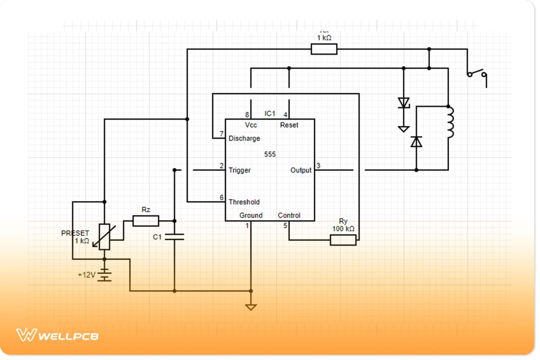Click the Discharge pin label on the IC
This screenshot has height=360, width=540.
[x=244, y=138]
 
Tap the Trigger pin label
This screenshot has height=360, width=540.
[x=239, y=170]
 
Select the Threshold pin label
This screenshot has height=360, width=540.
[x=244, y=202]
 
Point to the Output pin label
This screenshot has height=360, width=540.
[x=301, y=170]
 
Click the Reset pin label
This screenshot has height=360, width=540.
[x=289, y=125]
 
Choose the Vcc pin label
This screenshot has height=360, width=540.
[x=251, y=125]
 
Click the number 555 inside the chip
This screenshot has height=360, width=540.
[x=270, y=154]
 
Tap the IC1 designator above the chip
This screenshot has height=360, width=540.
[x=270, y=113]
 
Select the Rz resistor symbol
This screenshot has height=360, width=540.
[x=146, y=220]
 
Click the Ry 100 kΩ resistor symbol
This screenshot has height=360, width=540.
[x=343, y=240]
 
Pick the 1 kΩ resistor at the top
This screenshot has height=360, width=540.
[x=324, y=49]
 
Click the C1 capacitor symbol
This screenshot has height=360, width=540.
[x=175, y=237]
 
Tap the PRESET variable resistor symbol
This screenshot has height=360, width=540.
[x=104, y=237]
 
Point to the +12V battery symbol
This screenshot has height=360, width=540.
[x=104, y=274]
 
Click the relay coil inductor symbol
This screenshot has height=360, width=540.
[x=450, y=122]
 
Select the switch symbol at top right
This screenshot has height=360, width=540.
[x=477, y=73]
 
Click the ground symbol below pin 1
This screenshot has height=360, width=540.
[x=251, y=307]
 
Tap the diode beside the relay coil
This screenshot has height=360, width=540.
[x=417, y=142]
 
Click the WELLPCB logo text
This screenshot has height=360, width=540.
[x=67, y=336]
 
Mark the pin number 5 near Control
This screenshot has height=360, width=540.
[x=285, y=225]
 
